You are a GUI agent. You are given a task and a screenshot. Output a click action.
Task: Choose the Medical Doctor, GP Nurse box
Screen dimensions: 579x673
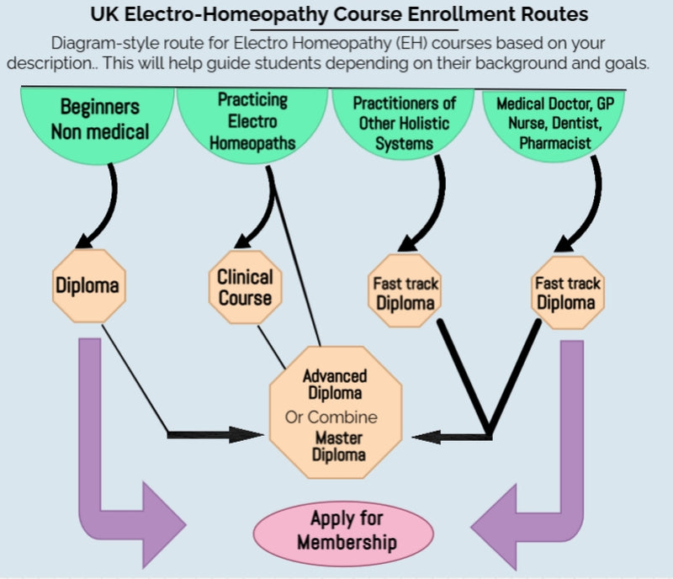pyautogui.click(x=555, y=123)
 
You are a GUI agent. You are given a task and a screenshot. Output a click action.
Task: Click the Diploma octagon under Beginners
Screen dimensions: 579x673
pyautogui.click(x=87, y=285)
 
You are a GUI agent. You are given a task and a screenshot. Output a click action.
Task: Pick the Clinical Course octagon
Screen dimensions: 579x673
pyautogui.click(x=245, y=286)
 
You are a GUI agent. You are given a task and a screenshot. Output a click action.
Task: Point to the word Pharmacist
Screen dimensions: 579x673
pyautogui.click(x=555, y=142)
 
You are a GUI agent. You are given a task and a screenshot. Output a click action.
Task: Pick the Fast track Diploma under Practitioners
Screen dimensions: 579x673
pyautogui.click(x=405, y=292)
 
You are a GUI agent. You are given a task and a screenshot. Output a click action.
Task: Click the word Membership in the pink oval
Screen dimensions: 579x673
pyautogui.click(x=346, y=541)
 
